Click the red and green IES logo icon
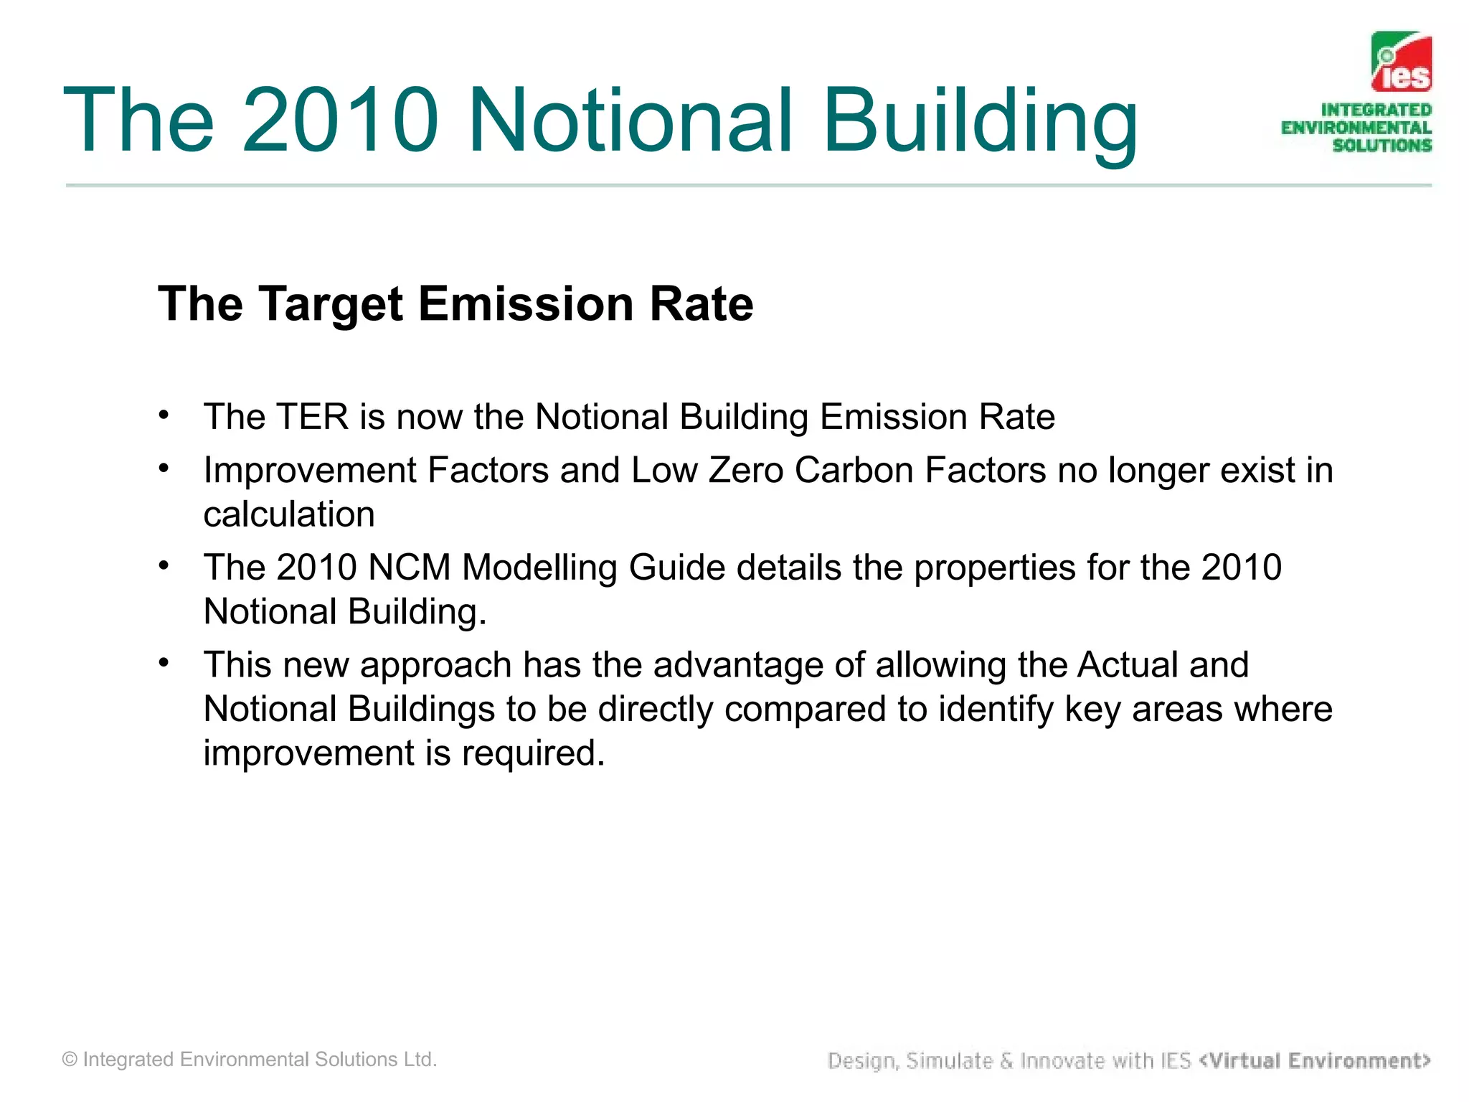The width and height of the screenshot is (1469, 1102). [x=1401, y=62]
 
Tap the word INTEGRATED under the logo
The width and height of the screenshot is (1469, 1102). [x=1376, y=110]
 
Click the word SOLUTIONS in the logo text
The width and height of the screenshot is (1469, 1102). [x=1381, y=145]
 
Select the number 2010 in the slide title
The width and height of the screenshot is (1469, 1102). [x=340, y=121]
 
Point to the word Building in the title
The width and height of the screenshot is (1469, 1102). [x=980, y=121]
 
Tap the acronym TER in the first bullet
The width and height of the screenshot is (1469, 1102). [x=312, y=417]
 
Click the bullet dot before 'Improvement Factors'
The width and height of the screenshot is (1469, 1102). [x=164, y=468]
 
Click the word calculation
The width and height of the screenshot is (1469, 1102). [x=289, y=514]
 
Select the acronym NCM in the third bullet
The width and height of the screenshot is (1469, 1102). [x=409, y=568]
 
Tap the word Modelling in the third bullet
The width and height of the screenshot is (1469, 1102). [x=539, y=568]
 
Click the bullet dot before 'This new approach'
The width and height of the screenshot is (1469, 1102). [x=164, y=662]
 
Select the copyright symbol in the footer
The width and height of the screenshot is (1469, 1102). [x=70, y=1060]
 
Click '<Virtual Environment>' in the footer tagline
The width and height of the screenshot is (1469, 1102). [x=1314, y=1060]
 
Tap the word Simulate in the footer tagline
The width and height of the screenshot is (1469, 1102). [x=949, y=1060]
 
